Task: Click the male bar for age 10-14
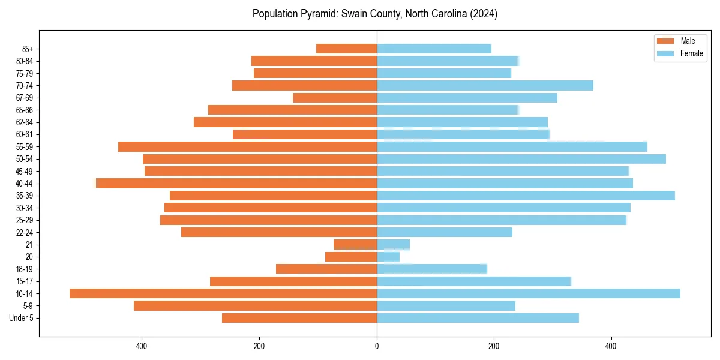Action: pos(223,293)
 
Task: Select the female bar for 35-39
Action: pos(526,196)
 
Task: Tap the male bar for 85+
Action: pos(346,49)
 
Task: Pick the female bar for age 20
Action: pos(388,257)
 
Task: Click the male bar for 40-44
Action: pos(236,183)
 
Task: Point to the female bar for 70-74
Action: pos(485,85)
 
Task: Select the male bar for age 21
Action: pos(355,244)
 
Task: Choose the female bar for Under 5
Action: pos(478,318)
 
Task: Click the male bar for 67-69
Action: pos(335,97)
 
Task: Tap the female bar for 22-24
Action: pos(445,232)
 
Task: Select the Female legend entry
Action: pos(691,53)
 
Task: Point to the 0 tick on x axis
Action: pos(377,346)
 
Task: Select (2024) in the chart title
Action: pos(484,13)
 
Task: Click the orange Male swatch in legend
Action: pos(665,41)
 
